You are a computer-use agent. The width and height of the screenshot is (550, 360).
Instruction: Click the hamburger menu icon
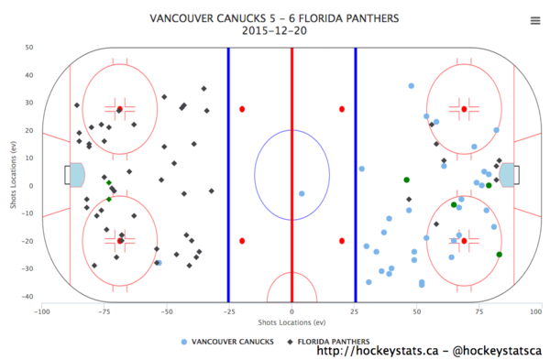(535, 21)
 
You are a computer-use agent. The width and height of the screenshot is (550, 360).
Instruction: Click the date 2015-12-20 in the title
(274, 31)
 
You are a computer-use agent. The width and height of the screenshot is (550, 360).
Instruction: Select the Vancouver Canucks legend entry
(227, 342)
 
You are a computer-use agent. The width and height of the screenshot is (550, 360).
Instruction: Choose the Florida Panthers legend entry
(328, 342)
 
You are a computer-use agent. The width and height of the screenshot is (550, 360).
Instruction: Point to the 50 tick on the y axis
(29, 48)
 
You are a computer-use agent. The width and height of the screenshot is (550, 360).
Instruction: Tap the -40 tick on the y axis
(27, 297)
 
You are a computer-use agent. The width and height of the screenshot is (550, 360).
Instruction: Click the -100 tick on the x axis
(42, 311)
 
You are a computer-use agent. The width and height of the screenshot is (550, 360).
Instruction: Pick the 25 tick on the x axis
(354, 311)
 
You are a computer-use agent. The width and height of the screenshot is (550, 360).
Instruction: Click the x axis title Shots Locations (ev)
(291, 322)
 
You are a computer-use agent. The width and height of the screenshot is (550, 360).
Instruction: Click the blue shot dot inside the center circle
(302, 193)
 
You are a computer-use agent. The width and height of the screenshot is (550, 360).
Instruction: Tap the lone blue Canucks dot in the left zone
(159, 263)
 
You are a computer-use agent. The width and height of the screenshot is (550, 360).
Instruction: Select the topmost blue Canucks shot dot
(411, 86)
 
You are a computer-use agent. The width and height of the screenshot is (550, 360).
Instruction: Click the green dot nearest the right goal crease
(489, 185)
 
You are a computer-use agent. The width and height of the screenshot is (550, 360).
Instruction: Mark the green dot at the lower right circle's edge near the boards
(500, 255)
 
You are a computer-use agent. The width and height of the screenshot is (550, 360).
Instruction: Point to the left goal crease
(77, 175)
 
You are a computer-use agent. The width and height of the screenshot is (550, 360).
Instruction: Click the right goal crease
(507, 175)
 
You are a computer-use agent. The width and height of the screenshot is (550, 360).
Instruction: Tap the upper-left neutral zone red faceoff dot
(242, 109)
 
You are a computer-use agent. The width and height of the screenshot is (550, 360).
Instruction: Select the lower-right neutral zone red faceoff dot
(342, 241)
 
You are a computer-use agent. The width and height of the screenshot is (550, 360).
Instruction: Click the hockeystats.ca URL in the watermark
(378, 351)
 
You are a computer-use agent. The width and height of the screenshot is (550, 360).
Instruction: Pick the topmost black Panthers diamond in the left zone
(203, 89)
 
